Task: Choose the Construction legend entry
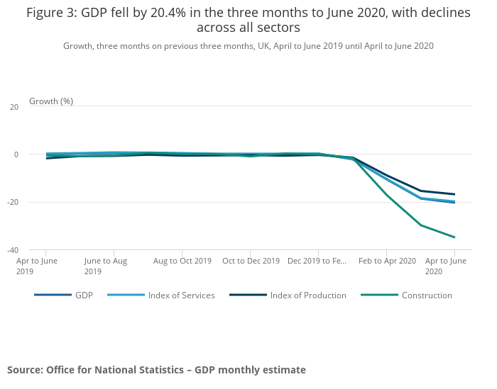coord(426,295)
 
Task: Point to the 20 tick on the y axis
coord(13,107)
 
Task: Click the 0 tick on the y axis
coord(16,154)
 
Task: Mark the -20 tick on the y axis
coord(13,202)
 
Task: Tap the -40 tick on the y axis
coord(13,249)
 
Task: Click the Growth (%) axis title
coord(51,101)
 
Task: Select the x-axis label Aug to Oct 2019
coord(182,261)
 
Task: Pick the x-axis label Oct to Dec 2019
coord(251,261)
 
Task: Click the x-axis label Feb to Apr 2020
coord(387,261)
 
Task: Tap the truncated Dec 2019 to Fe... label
coord(317,261)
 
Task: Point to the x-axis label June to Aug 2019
coord(105,266)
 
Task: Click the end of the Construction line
coord(454,237)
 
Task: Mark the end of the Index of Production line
coord(454,194)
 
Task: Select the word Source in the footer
coord(24,370)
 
